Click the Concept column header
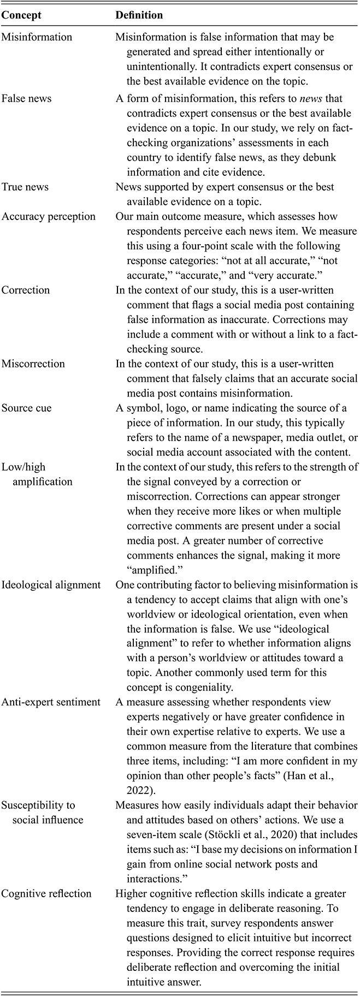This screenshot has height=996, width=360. pyautogui.click(x=21, y=15)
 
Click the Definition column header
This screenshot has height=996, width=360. pyautogui.click(x=139, y=15)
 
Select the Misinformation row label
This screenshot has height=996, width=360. pyautogui.click(x=37, y=38)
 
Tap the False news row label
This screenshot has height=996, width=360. pyautogui.click(x=27, y=98)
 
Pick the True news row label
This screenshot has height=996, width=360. pyautogui.click(x=25, y=187)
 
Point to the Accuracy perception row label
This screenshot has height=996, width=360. pyautogui.click(x=49, y=216)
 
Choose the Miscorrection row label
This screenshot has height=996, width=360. pyautogui.click(x=33, y=364)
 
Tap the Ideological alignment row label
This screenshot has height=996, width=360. pyautogui.click(x=51, y=585)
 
